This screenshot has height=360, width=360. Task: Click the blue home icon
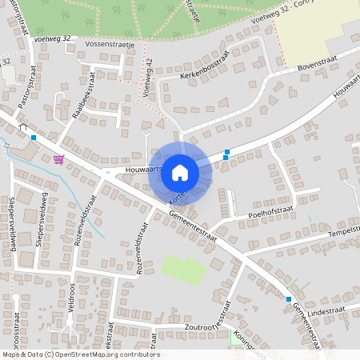pyautogui.click(x=180, y=172)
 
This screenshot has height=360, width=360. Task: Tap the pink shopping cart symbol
pyautogui.click(x=58, y=158)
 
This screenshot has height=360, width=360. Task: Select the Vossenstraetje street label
pyautogui.click(x=109, y=45)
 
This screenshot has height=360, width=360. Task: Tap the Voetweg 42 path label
pyautogui.click(x=147, y=78)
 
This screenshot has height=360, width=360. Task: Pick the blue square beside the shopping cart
pyautogui.click(x=33, y=138)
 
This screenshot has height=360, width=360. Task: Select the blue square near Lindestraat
pyautogui.click(x=289, y=299)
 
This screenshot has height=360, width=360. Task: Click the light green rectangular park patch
pyautogui.click(x=183, y=270)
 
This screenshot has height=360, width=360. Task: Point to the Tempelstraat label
pyautogui.click(x=340, y=232)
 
